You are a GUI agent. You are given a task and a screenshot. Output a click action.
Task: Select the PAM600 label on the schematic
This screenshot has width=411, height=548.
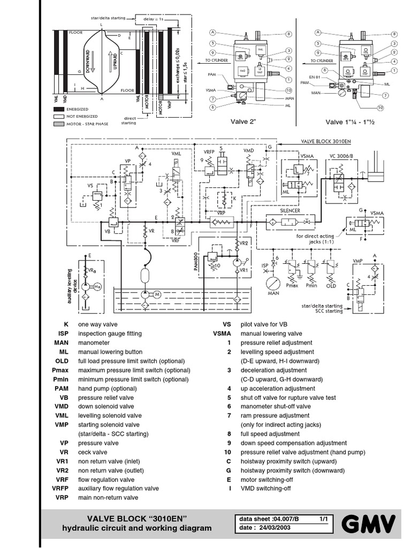(195, 260)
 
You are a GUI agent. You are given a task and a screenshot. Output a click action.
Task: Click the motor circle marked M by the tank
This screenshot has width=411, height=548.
(157, 295)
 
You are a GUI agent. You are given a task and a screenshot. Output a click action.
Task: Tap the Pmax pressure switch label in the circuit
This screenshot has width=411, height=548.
(292, 286)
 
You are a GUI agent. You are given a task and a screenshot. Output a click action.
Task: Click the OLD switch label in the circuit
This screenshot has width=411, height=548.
(331, 286)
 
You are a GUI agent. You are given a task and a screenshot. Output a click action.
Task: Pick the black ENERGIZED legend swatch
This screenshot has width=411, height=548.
(62, 109)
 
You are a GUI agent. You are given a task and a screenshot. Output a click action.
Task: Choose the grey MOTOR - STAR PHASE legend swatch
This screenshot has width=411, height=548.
(62, 124)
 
